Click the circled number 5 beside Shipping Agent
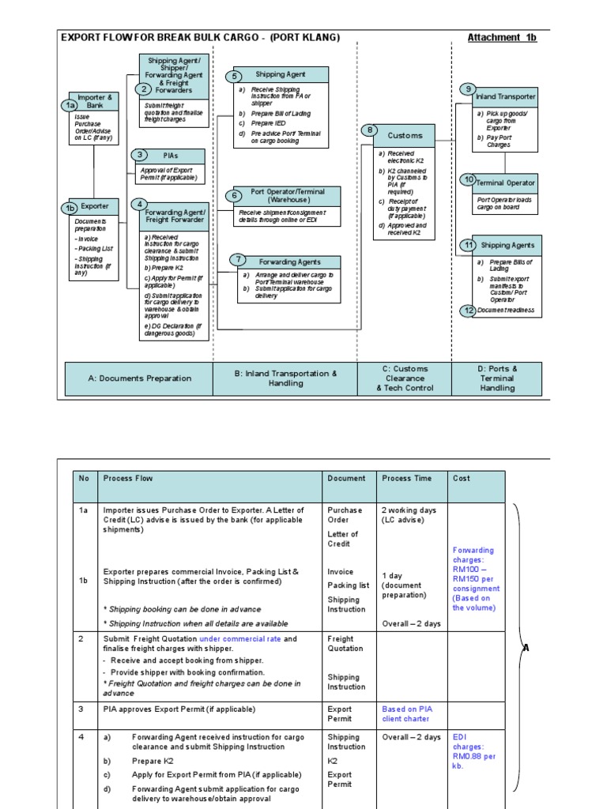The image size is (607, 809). coord(233,77)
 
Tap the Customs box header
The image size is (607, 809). coord(405,135)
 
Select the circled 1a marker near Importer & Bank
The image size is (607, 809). coord(71,105)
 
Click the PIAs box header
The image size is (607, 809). coord(170,156)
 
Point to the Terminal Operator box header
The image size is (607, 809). coord(505,182)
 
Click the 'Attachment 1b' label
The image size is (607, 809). coord(502,38)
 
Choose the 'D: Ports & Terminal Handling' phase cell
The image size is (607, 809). coord(497,378)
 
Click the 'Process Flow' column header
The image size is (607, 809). coord(128,478)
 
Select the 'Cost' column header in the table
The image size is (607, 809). coord(461,478)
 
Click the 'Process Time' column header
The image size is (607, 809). coord(407,478)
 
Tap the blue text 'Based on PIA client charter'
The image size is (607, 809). coord(409,714)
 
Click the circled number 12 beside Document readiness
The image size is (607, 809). coord(469,310)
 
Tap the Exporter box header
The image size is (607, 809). coord(95,206)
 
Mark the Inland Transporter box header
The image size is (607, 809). coord(505,96)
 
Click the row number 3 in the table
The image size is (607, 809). coord(81,709)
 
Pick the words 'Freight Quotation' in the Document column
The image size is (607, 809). coord(345,643)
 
